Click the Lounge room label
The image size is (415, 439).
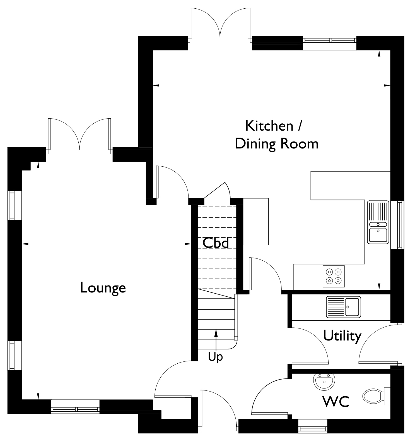103,288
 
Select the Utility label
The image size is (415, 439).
342,336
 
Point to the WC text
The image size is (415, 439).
336,402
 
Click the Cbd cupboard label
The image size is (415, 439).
216,243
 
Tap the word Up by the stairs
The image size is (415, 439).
215,357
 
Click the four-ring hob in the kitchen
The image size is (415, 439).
334,276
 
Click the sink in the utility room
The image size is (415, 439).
343,307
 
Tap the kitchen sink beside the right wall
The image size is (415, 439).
378,222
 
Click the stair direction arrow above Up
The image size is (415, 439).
216,340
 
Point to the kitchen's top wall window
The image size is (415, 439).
330,40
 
